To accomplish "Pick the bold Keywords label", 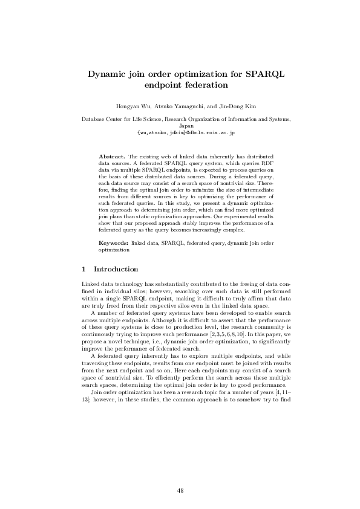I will coord(114,242).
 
